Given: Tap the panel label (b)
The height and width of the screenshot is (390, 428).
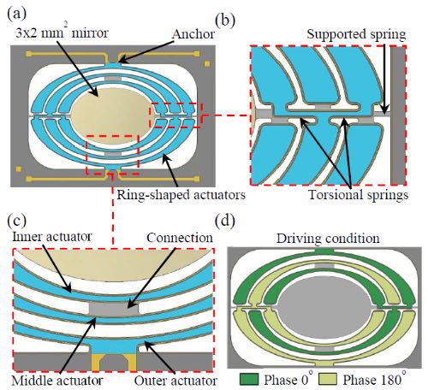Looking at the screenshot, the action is (225, 21).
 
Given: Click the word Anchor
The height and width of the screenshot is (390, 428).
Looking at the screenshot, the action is (193, 34).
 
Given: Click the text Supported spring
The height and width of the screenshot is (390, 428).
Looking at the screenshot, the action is (356, 34).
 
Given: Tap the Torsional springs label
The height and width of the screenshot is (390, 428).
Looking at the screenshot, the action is (359, 195).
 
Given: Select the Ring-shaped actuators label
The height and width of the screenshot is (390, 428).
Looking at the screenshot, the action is (181, 195).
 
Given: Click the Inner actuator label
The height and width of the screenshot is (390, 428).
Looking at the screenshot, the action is (51, 237).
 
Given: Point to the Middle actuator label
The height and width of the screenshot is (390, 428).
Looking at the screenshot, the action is (57, 381).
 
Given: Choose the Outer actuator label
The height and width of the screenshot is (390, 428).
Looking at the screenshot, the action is (175, 381).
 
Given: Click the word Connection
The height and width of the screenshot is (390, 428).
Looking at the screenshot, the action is (180, 238).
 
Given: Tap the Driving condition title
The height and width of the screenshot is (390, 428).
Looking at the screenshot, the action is (328, 239).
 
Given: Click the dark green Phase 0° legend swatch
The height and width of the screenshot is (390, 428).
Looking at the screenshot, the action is (249, 380).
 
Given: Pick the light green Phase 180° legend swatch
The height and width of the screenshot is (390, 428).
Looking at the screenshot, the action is (328, 380).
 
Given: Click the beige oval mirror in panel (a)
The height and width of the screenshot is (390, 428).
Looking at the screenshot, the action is (114, 116).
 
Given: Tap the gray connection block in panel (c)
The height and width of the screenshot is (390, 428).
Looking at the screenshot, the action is (114, 309).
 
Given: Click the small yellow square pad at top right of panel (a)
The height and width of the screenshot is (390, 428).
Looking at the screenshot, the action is (207, 63).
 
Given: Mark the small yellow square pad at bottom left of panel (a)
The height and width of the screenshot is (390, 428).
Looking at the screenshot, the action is (19, 169).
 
